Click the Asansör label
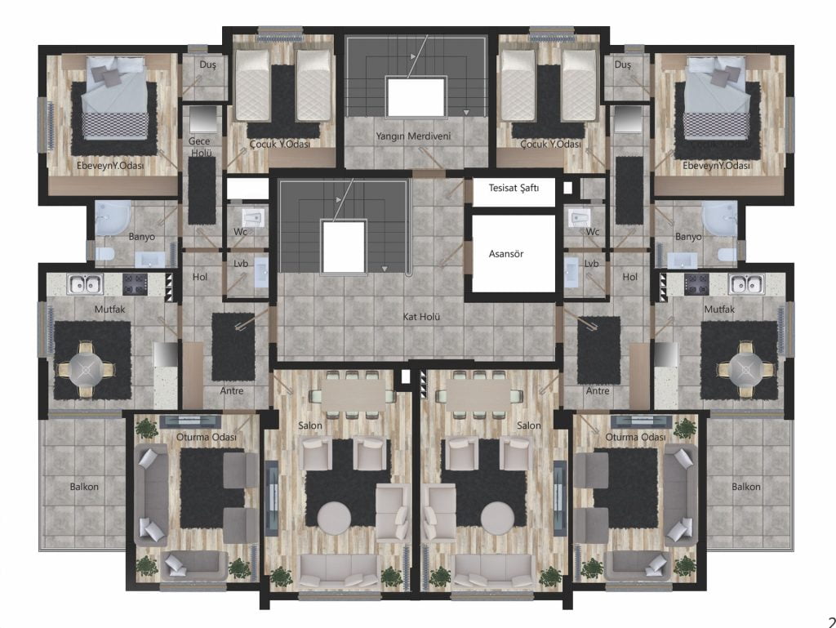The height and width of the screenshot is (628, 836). click(x=506, y=254)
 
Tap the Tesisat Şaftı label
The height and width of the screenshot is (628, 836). click(x=514, y=188)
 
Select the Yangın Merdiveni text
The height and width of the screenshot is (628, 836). click(x=413, y=136)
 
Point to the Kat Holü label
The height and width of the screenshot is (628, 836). click(x=421, y=317)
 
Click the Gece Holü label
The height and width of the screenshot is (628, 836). click(x=200, y=147)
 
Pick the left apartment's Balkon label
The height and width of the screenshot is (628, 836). click(x=84, y=487)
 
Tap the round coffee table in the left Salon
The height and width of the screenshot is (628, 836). click(x=334, y=518)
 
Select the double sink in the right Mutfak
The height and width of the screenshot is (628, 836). click(x=746, y=284)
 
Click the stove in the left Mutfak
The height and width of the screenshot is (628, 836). click(x=135, y=284)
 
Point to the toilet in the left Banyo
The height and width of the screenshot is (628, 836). click(x=104, y=255)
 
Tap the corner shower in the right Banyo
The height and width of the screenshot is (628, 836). click(x=720, y=219)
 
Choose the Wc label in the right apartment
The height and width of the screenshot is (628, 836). click(x=593, y=232)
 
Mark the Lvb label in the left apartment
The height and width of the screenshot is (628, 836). click(x=241, y=264)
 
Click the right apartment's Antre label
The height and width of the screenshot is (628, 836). click(x=598, y=391)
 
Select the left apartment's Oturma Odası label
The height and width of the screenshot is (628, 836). click(x=207, y=437)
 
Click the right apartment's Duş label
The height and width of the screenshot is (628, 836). click(x=622, y=65)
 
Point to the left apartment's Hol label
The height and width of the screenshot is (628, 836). click(x=200, y=277)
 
